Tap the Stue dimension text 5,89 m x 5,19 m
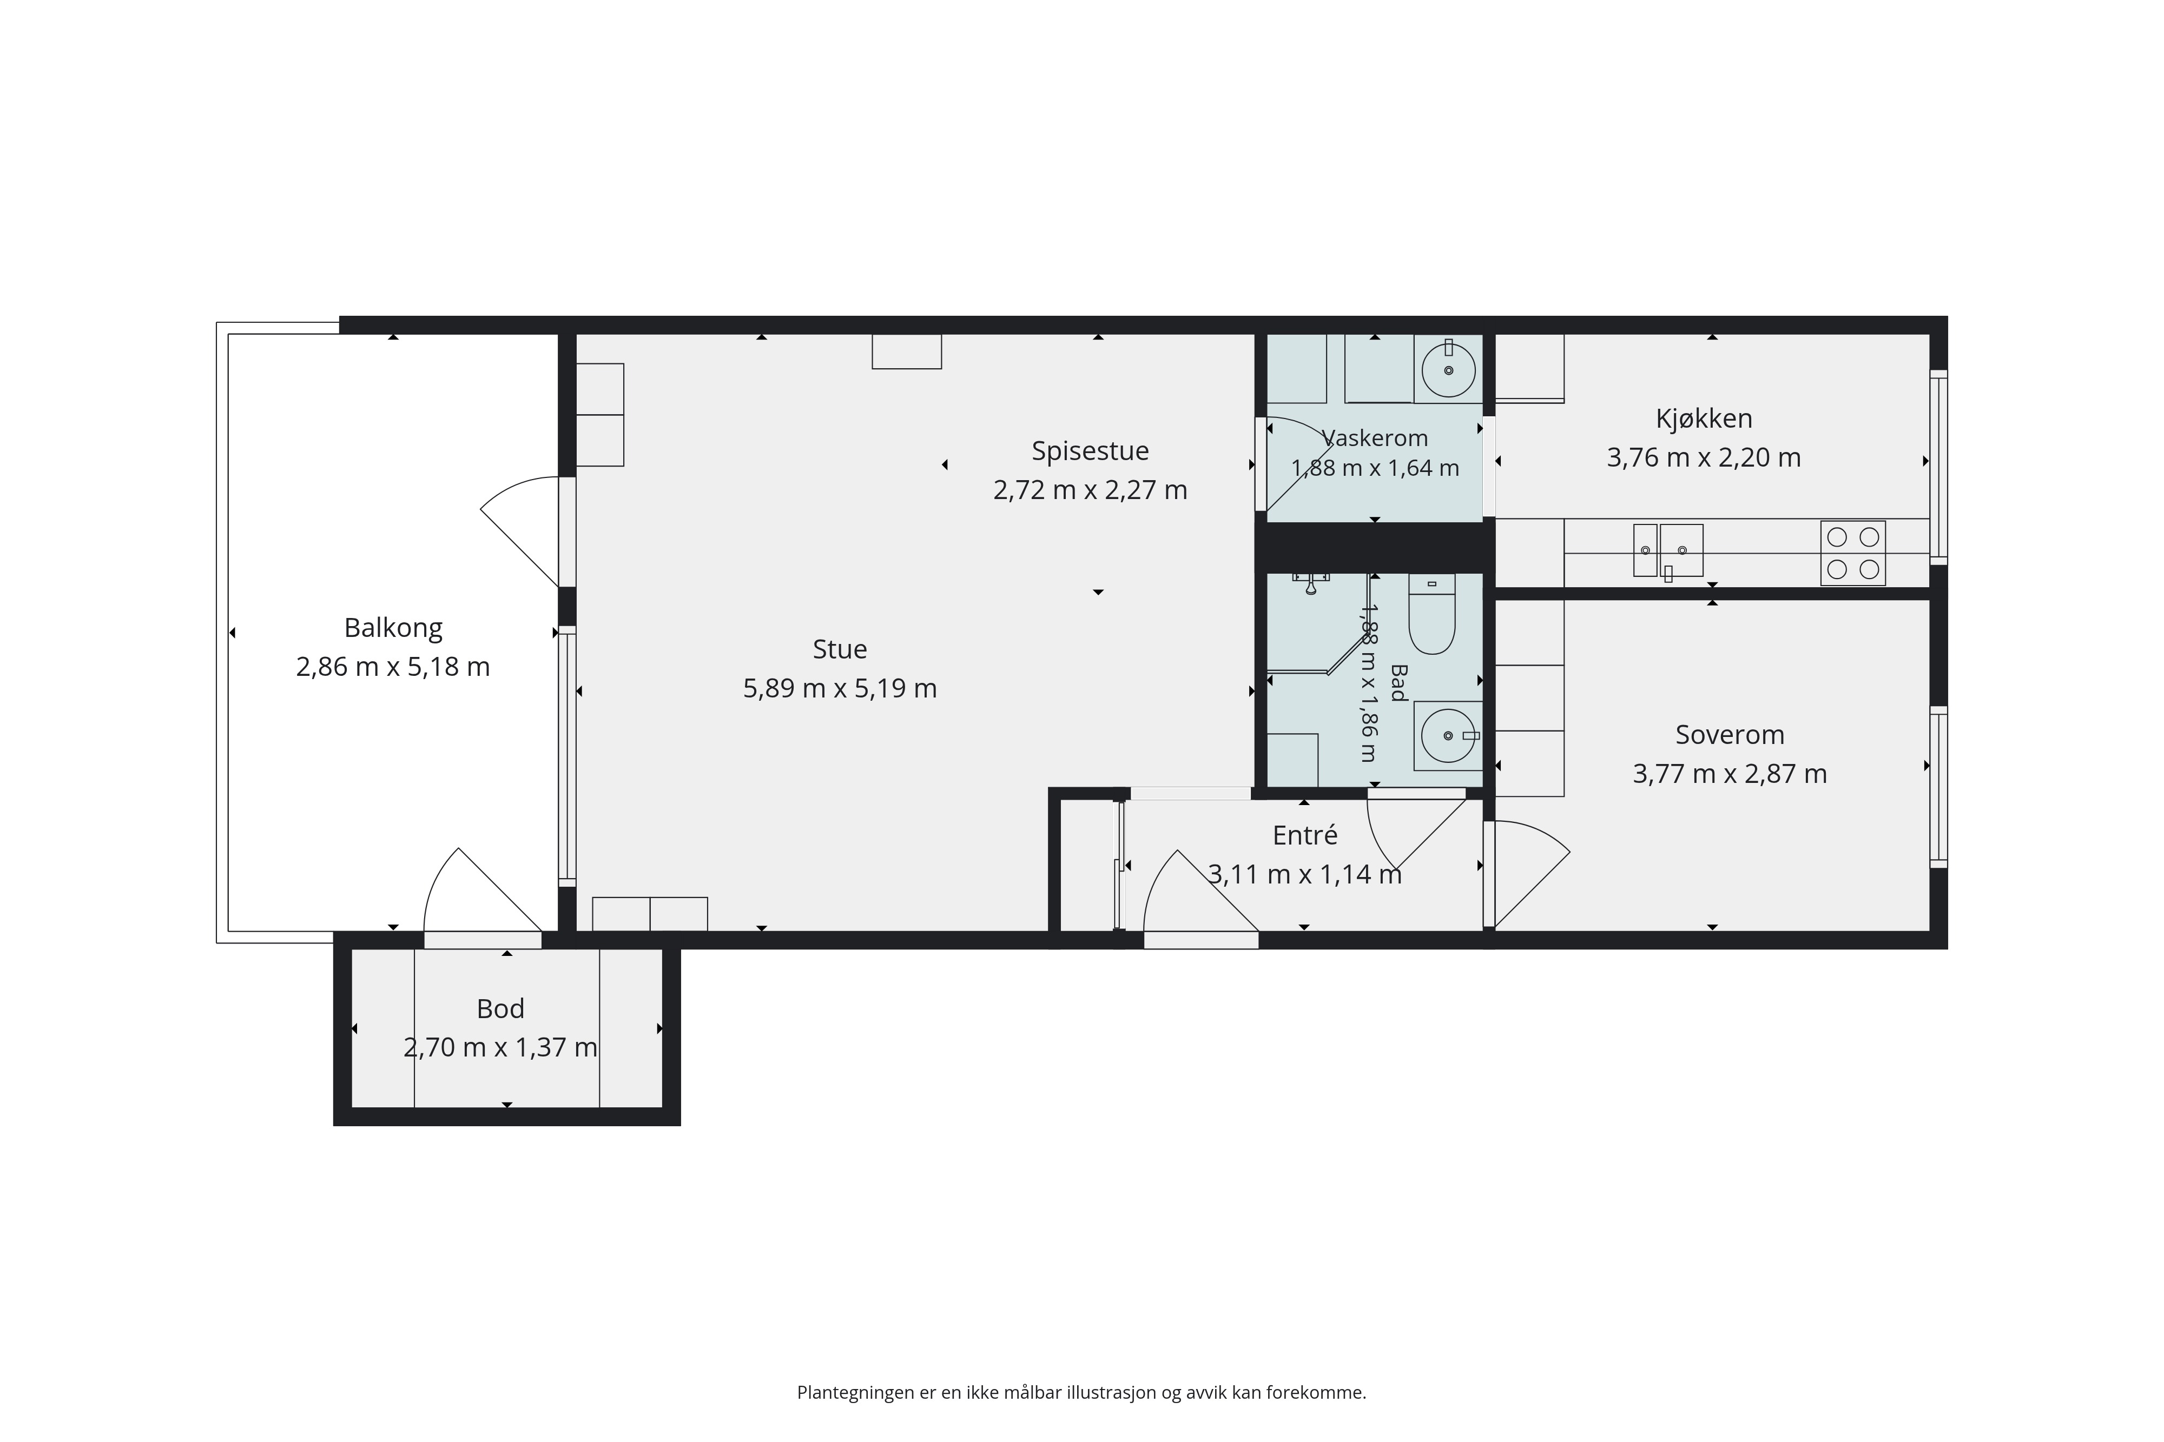coord(840,689)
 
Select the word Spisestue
coord(1090,451)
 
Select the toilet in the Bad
coord(1431,613)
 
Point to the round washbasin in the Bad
coord(1448,736)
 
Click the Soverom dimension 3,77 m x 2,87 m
coord(1730,774)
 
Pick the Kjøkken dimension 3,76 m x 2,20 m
coord(1704,458)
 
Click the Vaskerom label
coord(1375,438)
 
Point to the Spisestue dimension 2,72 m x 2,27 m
coord(1090,490)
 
